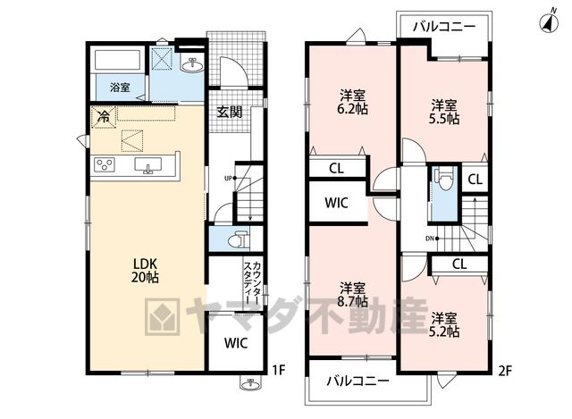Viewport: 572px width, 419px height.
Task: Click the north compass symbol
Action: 549,22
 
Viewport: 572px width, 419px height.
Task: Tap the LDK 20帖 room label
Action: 145,270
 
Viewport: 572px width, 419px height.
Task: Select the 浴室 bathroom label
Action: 120,88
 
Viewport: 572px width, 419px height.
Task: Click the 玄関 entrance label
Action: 230,112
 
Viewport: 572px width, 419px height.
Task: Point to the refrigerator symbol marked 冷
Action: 104,117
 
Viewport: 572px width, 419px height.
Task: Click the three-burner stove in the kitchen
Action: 105,164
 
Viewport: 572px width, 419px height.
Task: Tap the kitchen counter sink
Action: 148,165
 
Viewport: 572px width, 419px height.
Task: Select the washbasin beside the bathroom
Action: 193,65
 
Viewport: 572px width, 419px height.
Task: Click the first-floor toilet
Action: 239,239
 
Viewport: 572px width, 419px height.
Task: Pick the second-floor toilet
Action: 445,179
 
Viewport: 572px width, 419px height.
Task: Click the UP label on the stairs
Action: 229,179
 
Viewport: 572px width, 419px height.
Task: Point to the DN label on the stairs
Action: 429,239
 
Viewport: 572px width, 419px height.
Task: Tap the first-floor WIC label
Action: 236,343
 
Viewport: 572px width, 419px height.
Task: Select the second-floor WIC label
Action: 336,203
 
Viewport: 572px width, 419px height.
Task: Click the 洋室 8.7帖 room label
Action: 353,294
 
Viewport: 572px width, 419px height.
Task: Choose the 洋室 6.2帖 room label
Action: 353,103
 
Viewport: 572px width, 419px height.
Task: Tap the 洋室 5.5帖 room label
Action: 444,113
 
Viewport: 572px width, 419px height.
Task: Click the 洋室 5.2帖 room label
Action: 444,324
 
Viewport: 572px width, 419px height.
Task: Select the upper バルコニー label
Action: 444,27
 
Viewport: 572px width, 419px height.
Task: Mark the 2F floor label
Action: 505,371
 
